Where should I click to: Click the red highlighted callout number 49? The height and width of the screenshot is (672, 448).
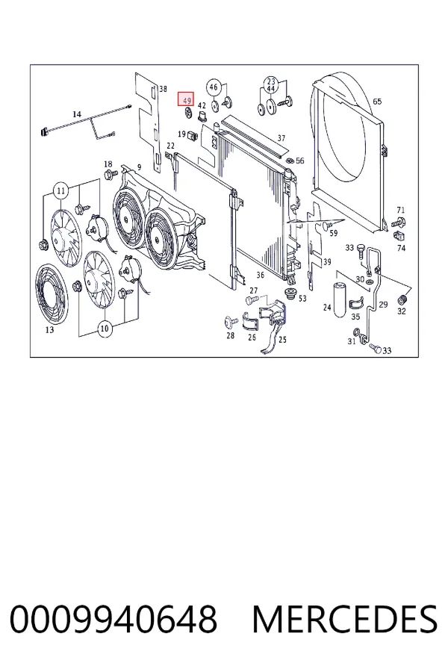tap(187, 99)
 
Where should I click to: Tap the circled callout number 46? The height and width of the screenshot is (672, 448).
tap(213, 87)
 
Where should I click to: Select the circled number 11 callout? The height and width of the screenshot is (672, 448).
tap(61, 190)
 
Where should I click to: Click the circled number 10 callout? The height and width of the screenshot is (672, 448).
tap(105, 329)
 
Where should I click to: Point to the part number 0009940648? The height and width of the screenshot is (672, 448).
tap(113, 619)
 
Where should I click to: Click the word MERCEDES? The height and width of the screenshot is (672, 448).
tap(345, 619)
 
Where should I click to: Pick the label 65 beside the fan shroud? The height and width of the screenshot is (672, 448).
tap(377, 102)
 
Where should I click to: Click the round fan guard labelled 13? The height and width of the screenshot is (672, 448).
tap(52, 293)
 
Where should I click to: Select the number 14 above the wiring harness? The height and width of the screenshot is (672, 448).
tap(77, 114)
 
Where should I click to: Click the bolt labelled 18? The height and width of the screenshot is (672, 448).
tap(111, 175)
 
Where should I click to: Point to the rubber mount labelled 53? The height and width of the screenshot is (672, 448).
tap(291, 294)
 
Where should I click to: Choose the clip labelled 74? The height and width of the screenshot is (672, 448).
tap(399, 235)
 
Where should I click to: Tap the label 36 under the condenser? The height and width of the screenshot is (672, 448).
tap(261, 275)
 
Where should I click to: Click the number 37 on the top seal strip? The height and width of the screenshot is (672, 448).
tap(281, 138)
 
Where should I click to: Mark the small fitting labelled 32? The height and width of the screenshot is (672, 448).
tap(402, 299)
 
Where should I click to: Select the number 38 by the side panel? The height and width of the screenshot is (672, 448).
tap(163, 89)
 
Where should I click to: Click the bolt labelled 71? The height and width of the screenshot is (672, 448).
tap(398, 222)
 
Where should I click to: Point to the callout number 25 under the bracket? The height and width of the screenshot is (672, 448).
tap(282, 340)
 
